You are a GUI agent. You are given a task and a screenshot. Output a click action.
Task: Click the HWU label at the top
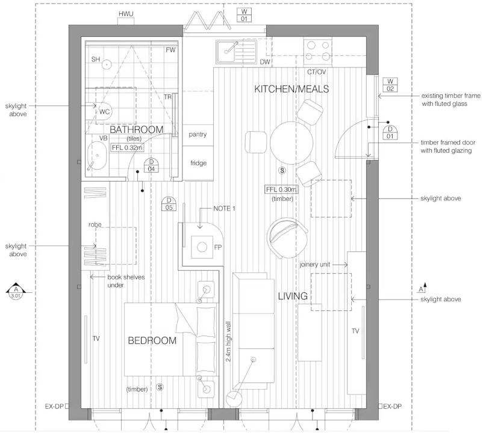click(x=126, y=14)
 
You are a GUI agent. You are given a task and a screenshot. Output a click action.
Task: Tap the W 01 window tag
click(x=244, y=15)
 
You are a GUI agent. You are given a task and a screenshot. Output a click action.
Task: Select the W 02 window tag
click(x=390, y=85)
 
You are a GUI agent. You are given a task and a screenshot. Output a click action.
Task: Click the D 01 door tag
click(x=390, y=132)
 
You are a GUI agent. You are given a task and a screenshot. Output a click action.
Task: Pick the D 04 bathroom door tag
click(x=151, y=165)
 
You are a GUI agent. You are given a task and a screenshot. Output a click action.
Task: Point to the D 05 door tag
click(x=169, y=204)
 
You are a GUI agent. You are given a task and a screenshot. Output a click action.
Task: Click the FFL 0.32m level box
click(x=127, y=147)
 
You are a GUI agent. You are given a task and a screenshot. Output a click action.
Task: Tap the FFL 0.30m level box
click(x=281, y=189)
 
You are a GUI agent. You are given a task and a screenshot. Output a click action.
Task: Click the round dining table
click(x=291, y=143)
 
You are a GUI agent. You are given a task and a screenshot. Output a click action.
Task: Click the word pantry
click(x=198, y=134)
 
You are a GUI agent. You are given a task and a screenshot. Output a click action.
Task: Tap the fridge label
click(x=198, y=163)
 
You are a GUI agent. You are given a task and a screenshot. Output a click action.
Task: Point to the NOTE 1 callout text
click(x=224, y=209)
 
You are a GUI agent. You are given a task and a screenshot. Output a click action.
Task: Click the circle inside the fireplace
click(x=202, y=247)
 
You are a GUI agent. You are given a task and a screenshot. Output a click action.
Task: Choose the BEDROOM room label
click(x=152, y=340)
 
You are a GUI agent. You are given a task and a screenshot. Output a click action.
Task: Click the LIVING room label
click(x=293, y=296)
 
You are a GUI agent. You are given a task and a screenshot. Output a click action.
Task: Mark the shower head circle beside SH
click(x=106, y=64)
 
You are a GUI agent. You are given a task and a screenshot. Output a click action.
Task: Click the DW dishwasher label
click(x=265, y=62)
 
